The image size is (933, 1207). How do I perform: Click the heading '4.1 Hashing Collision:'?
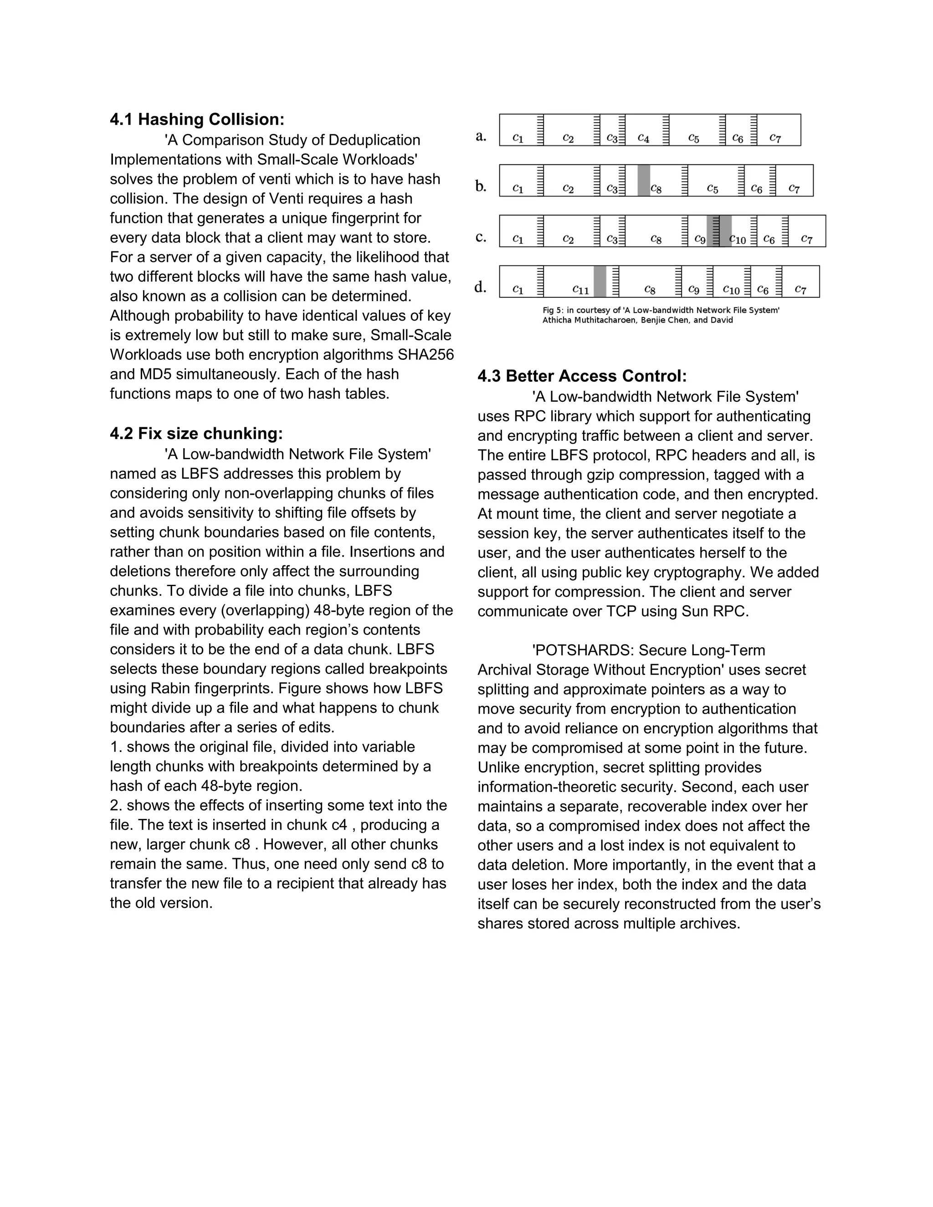(x=197, y=119)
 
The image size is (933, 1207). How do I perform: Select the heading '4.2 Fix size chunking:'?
(x=196, y=433)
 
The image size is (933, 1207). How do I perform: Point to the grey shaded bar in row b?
(x=643, y=180)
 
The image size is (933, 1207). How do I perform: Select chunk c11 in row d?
(x=580, y=289)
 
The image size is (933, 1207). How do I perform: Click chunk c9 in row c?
(x=700, y=239)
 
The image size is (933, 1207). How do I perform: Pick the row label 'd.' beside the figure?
(x=480, y=287)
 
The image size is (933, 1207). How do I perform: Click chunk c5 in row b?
(x=713, y=189)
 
